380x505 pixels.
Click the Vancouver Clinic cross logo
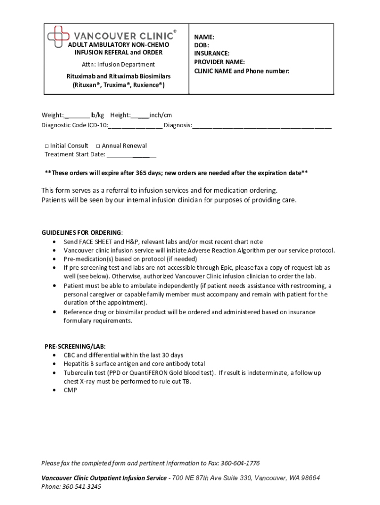(58, 35)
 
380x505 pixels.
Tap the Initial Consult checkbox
(46, 146)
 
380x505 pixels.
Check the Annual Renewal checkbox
(98, 146)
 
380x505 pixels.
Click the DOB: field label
(201, 45)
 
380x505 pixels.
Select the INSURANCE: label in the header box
(211, 53)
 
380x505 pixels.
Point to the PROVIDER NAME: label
(219, 62)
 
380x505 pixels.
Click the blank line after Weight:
(77, 116)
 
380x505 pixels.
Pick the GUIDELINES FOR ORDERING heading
(81, 233)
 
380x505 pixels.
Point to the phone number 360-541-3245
(81, 486)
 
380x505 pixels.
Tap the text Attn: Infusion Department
(118, 64)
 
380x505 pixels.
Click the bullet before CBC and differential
(54, 355)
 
